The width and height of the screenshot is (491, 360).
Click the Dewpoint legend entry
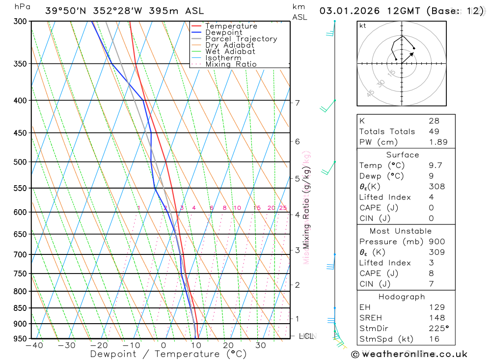224,32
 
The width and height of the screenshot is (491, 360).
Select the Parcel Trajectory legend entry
241,39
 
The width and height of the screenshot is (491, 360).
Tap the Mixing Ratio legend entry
231,64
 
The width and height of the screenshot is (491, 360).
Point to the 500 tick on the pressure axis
19,162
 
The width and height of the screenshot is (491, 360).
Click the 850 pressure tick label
19,308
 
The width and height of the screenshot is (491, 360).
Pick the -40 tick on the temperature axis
34,346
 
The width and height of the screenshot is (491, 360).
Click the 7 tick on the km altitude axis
297,103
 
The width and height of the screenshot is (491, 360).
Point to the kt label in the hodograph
363,26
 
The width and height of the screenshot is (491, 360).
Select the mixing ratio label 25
283,208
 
